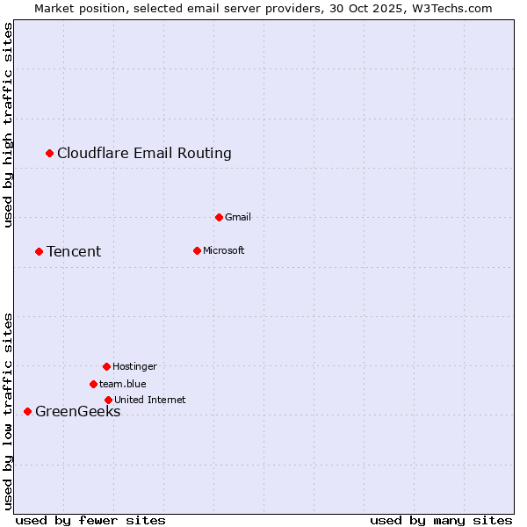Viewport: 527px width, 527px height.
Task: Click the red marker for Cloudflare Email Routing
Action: [50, 154]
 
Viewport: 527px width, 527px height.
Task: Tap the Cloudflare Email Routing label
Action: [144, 154]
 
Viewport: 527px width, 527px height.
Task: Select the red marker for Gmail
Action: [219, 217]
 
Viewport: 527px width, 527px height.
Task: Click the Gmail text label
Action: [238, 217]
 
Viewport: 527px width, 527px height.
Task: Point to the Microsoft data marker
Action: [197, 250]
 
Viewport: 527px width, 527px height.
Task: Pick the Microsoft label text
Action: [223, 250]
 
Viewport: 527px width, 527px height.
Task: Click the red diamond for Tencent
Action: [39, 252]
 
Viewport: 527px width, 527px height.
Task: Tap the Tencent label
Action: [74, 252]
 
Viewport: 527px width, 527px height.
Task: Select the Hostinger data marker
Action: [106, 366]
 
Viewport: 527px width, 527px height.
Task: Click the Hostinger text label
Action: [134, 366]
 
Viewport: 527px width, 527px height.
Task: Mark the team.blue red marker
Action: [93, 384]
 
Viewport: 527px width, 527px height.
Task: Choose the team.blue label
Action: [122, 384]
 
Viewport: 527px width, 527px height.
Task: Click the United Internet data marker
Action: [108, 400]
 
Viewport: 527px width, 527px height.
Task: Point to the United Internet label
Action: [149, 400]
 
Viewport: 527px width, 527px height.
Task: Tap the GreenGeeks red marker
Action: [27, 411]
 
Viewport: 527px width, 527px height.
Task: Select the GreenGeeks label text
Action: [77, 412]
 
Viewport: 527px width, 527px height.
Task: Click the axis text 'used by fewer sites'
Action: [90, 520]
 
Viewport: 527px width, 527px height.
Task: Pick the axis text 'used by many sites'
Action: [441, 520]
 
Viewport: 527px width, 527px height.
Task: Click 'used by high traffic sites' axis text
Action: [9, 125]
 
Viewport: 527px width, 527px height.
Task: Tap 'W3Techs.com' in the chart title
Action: [453, 8]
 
